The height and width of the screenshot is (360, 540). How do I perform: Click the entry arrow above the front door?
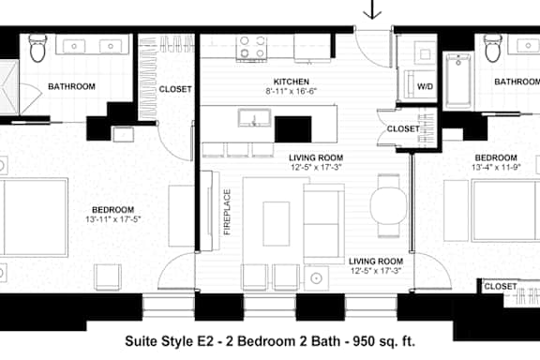pyautogui.click(x=372, y=9)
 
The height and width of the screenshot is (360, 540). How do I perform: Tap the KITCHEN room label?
pyautogui.click(x=291, y=82)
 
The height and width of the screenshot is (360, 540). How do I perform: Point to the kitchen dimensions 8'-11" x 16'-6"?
pyautogui.click(x=291, y=91)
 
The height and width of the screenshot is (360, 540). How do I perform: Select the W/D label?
pyautogui.click(x=425, y=86)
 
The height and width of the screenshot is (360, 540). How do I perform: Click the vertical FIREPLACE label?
pyautogui.click(x=227, y=212)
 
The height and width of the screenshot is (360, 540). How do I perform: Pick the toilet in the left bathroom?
pyautogui.click(x=37, y=48)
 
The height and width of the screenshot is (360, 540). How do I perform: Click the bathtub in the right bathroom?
pyautogui.click(x=458, y=81)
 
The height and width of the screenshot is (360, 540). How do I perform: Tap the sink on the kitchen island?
pyautogui.click(x=254, y=118)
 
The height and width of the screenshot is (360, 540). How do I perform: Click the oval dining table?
pyautogui.click(x=388, y=205)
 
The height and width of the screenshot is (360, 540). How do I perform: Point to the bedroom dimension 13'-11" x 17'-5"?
pyautogui.click(x=113, y=219)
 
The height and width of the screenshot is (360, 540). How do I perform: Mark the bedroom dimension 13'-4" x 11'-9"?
pyautogui.click(x=496, y=167)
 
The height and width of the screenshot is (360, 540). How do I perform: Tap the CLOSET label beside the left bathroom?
pyautogui.click(x=175, y=89)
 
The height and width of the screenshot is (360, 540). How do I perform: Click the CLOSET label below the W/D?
pyautogui.click(x=403, y=128)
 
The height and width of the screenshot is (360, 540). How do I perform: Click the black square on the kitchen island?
pyautogui.click(x=293, y=129)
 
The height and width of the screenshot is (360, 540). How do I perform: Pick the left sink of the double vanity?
pyautogui.click(x=74, y=46)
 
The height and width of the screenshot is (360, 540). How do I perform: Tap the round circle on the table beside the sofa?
pyautogui.click(x=316, y=278)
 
